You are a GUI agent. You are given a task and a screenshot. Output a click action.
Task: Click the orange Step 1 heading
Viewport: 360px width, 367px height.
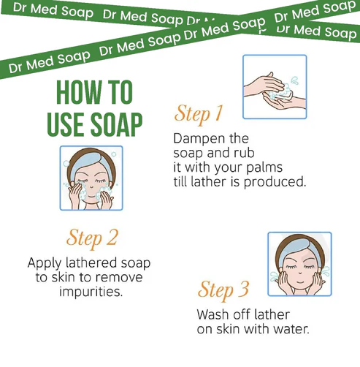(199, 115)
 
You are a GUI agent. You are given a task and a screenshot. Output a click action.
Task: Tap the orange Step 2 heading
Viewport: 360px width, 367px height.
(92, 238)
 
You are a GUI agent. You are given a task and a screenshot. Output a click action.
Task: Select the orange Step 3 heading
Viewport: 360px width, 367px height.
(223, 290)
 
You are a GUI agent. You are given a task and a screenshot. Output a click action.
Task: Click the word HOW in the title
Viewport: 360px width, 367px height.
(79, 92)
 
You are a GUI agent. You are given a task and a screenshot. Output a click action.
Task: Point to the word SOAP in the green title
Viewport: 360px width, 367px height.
(117, 124)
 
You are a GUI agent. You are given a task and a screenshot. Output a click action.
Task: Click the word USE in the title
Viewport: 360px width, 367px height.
(66, 124)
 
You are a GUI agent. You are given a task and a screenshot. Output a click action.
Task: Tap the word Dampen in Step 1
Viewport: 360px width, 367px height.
(196, 139)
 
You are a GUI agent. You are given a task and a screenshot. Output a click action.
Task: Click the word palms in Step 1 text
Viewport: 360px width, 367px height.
(264, 167)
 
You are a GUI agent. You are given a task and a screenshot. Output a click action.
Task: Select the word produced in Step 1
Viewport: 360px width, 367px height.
(275, 182)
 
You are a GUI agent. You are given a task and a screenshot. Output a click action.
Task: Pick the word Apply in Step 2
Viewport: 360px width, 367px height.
(45, 263)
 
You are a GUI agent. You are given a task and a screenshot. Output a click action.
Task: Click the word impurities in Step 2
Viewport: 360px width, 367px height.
(91, 292)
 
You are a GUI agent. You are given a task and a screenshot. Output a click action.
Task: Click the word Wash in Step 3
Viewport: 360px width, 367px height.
(212, 314)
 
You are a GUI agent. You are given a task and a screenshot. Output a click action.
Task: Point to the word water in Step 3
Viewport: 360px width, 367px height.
(291, 329)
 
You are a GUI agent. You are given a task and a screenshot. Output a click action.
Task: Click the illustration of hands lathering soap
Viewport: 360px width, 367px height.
(275, 87)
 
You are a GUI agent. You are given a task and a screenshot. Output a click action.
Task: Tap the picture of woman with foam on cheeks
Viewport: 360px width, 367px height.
(91, 178)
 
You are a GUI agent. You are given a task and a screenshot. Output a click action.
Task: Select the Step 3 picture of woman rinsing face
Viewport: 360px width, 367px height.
(299, 264)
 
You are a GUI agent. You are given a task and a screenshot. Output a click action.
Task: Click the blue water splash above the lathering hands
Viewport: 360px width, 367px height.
(295, 80)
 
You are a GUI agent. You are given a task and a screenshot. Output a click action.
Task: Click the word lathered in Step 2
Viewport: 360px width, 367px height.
(91, 263)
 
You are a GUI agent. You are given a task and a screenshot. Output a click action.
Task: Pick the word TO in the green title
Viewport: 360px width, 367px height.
(120, 92)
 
